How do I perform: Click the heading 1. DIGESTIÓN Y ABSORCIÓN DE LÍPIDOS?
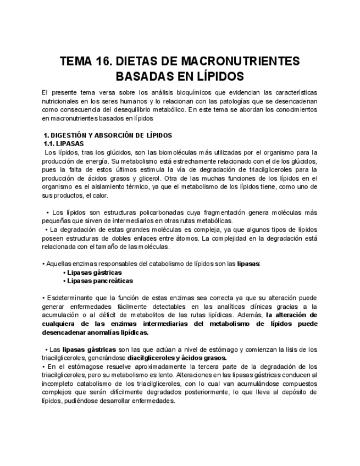(108, 135)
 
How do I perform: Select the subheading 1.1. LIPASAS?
(63, 143)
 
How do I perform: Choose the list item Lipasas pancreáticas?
(100, 280)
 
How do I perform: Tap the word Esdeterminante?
(70, 298)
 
